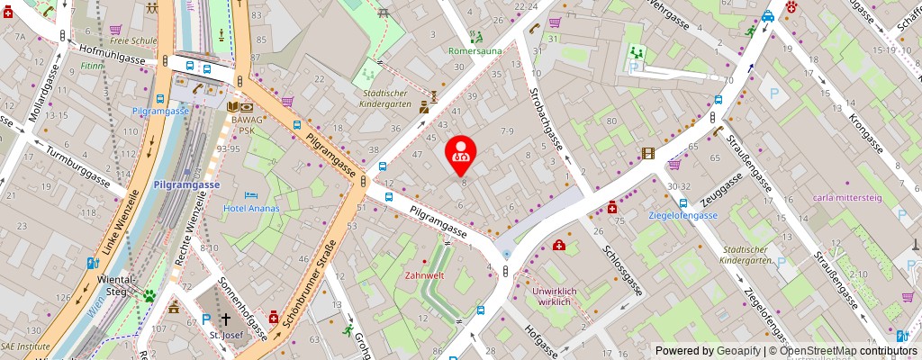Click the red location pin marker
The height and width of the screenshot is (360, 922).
[x=462, y=150]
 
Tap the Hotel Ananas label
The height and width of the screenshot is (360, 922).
[x=251, y=209]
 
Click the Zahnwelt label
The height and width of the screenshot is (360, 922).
[x=425, y=275]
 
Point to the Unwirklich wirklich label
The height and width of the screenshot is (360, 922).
[x=553, y=296]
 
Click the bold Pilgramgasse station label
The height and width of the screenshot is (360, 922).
[x=186, y=184]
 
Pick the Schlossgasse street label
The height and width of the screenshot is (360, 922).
[x=623, y=270]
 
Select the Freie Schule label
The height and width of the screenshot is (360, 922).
[x=127, y=40]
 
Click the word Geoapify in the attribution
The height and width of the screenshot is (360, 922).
[x=738, y=351]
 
